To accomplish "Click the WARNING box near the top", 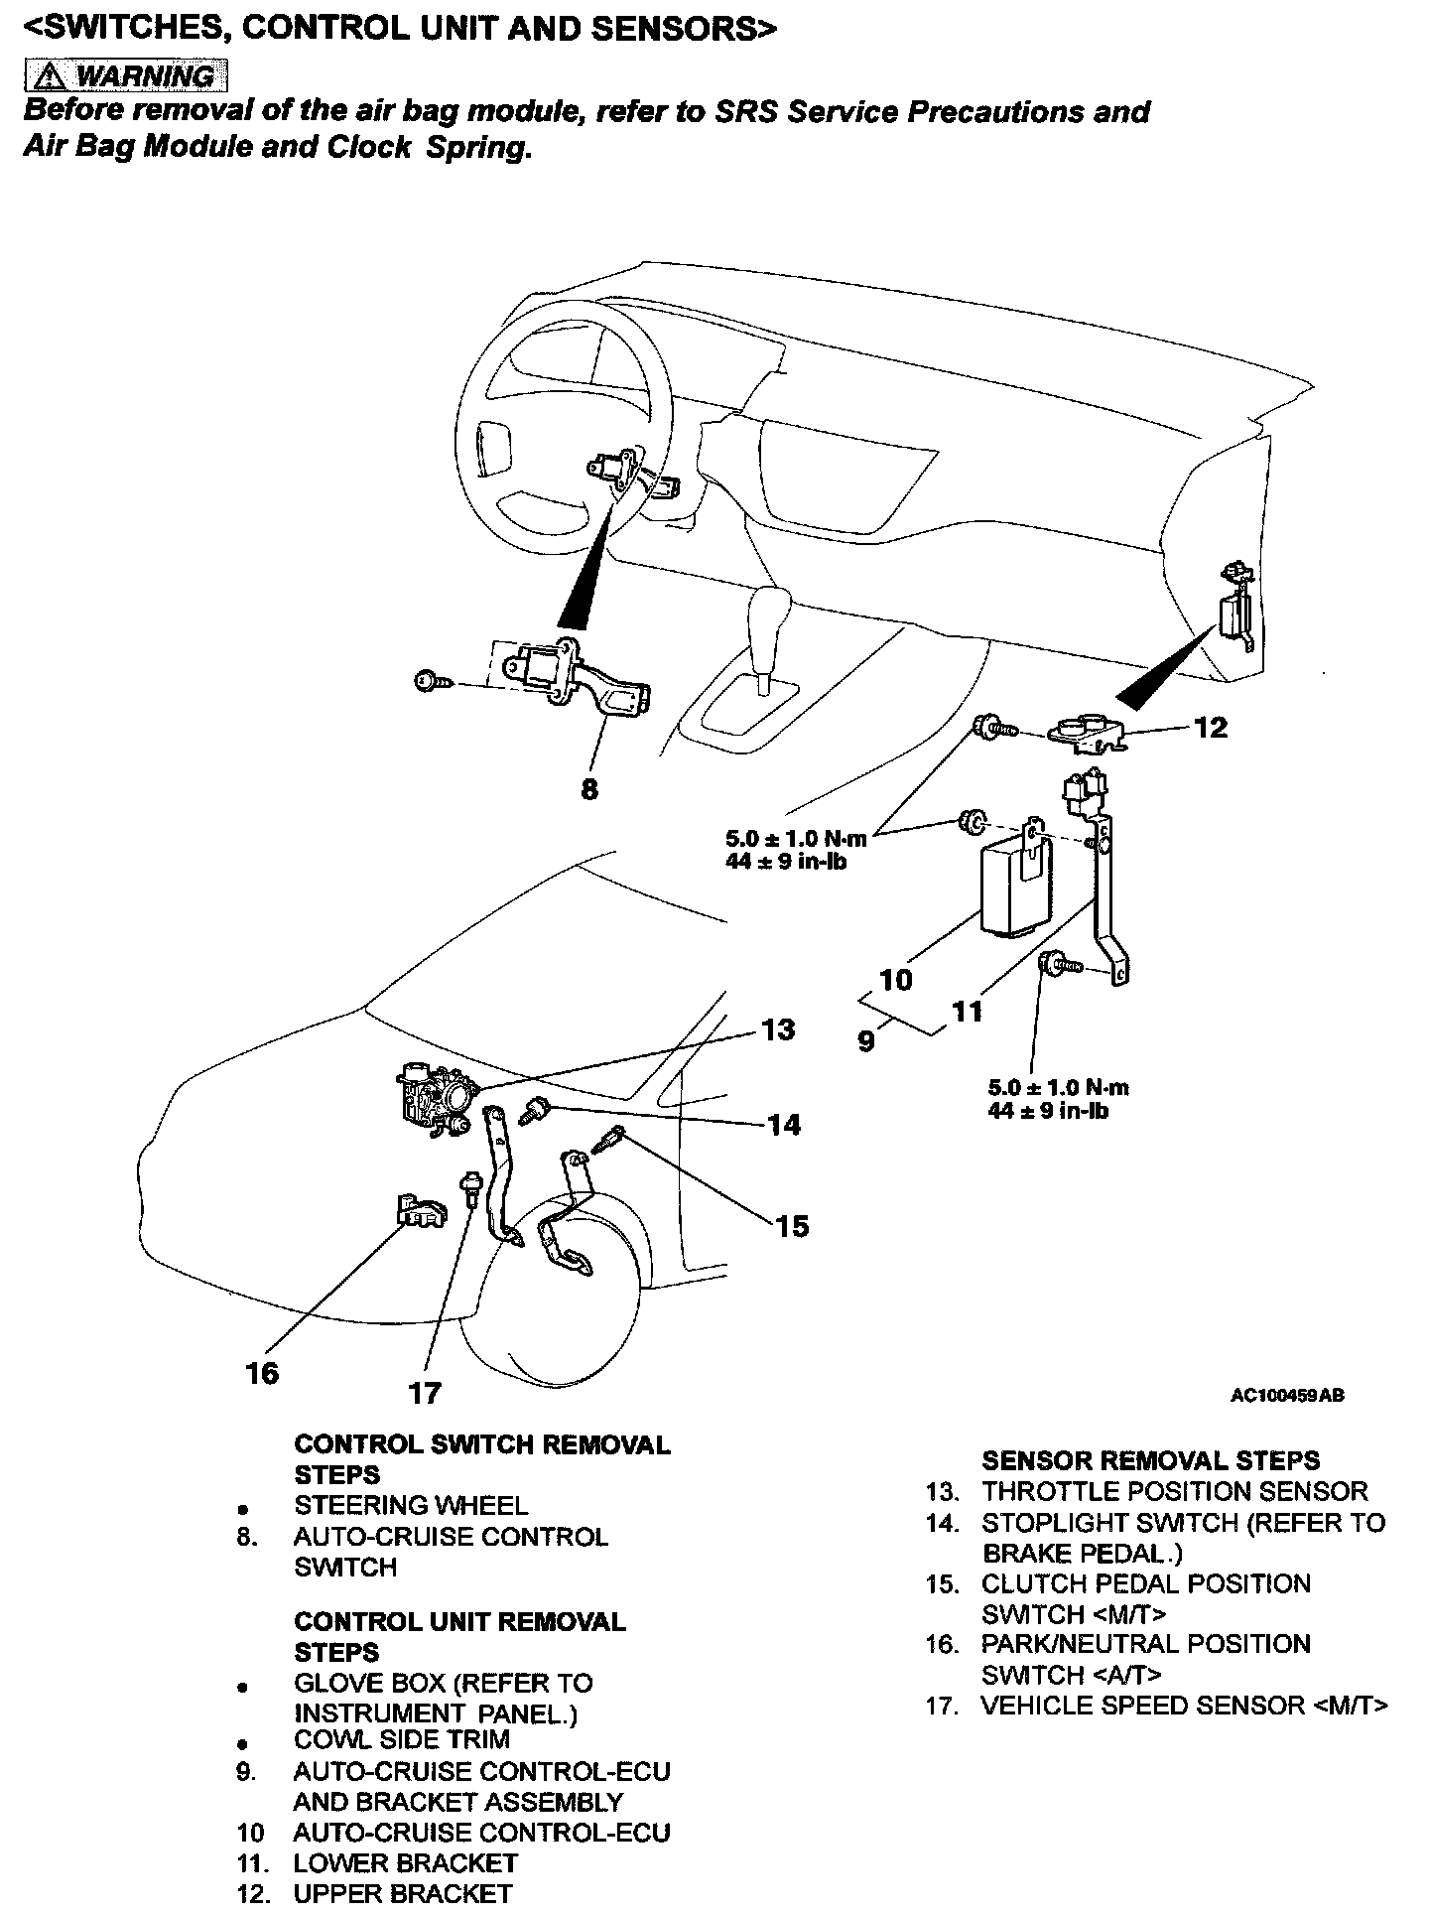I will coord(125,75).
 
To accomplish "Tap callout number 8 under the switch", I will coord(589,790).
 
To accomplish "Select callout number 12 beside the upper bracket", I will coord(1211,728).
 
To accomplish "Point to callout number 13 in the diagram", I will coord(778,1029).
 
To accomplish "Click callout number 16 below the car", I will coord(263,1374).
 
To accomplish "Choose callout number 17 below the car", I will coord(425,1394).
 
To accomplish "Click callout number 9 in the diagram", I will coord(866,1042).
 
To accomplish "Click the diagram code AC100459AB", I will coord(1287,1396).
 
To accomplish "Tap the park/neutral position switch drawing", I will coord(419,1212).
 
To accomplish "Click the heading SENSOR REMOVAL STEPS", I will coord(1150,1460).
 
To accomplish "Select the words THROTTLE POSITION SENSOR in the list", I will coord(1174,1491).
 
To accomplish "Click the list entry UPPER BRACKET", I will coord(402,1894).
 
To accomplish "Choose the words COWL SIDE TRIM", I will coord(402,1740).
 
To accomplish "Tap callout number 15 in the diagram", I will coord(792,1227).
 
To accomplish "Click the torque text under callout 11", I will coord(1057,1099).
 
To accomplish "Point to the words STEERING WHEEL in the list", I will coord(410,1506).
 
